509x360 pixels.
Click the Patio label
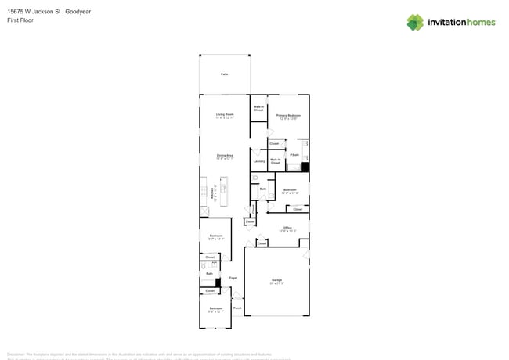(224, 74)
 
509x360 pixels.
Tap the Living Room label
(225, 116)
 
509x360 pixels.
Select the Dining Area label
(225, 157)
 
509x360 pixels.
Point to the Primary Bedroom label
(288, 116)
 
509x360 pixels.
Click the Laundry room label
(258, 161)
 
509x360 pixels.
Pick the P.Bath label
(294, 155)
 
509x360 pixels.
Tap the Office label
(287, 229)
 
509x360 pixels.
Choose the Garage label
(276, 280)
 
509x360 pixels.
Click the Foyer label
(233, 278)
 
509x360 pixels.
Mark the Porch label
(237, 308)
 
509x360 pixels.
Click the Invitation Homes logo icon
(415, 23)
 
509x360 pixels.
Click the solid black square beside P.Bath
(305, 167)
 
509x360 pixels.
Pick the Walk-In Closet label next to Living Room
(258, 109)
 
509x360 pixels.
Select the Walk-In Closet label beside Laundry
(276, 161)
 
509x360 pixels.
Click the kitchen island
(223, 192)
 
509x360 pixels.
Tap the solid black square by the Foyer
(219, 283)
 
